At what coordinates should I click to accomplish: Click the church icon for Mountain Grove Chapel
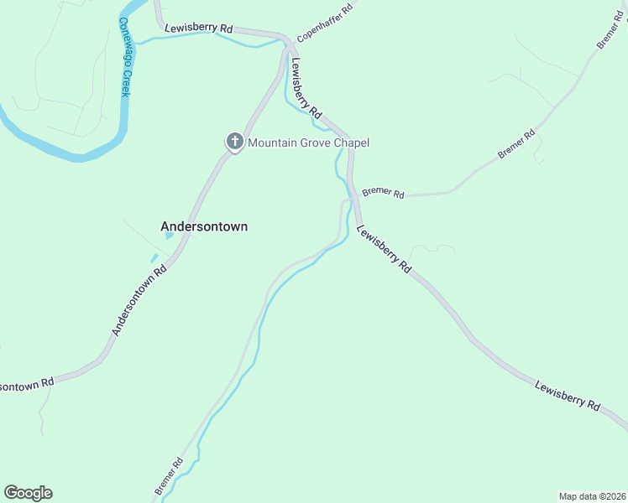click(x=234, y=142)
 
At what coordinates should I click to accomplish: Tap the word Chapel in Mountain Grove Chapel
click(x=350, y=143)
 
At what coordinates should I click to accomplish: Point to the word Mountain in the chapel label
click(x=275, y=143)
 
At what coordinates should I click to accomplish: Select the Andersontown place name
click(x=204, y=226)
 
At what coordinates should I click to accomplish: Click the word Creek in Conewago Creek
click(x=124, y=83)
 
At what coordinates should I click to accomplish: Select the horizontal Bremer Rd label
click(x=383, y=193)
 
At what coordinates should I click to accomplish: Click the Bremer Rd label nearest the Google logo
click(x=169, y=474)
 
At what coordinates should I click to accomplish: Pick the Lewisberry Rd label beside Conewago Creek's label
click(x=198, y=28)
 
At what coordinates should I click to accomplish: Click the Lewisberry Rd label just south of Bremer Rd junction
click(x=385, y=249)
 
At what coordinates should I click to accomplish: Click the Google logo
click(x=28, y=493)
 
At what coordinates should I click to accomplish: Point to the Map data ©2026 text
click(x=591, y=496)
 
